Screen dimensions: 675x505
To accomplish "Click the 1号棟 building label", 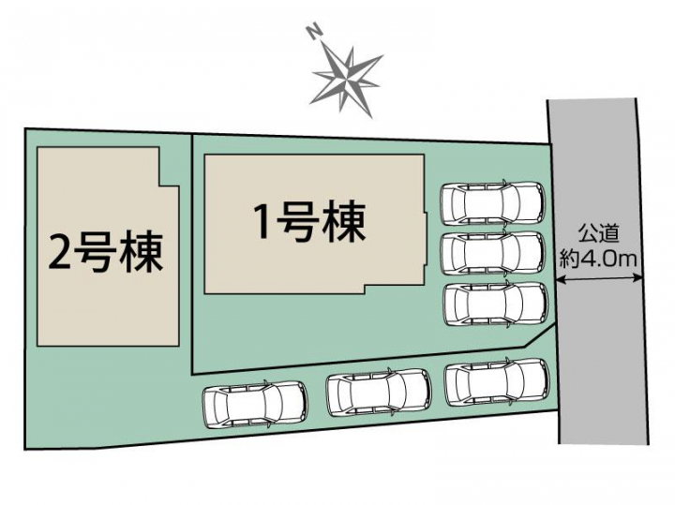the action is click(x=310, y=222).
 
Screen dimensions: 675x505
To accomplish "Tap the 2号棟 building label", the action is click(x=106, y=252).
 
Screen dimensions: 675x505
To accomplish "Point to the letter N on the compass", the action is click(x=314, y=32).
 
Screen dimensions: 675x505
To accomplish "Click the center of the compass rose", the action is click(x=347, y=81).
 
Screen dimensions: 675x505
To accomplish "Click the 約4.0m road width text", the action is click(x=598, y=260).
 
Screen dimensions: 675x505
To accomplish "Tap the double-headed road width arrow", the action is click(x=598, y=279).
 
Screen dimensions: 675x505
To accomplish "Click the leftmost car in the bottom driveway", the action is click(x=255, y=403).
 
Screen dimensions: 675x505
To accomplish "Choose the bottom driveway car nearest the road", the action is click(x=497, y=382).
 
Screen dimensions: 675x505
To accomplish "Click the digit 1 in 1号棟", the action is click(x=262, y=221).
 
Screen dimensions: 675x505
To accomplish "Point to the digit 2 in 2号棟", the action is click(x=59, y=253).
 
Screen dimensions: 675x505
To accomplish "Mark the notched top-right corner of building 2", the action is click(x=160, y=186).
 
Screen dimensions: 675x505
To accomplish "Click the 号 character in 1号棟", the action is click(x=295, y=222).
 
